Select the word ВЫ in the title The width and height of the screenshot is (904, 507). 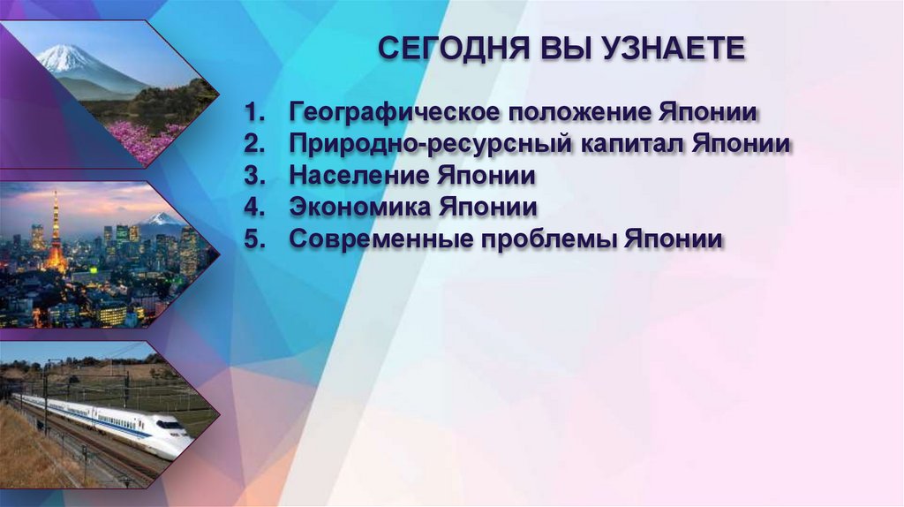coord(566,49)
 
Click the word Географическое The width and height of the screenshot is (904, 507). coord(380,113)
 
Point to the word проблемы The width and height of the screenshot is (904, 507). coord(542,240)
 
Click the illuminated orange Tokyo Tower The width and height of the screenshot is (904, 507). coord(56,234)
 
